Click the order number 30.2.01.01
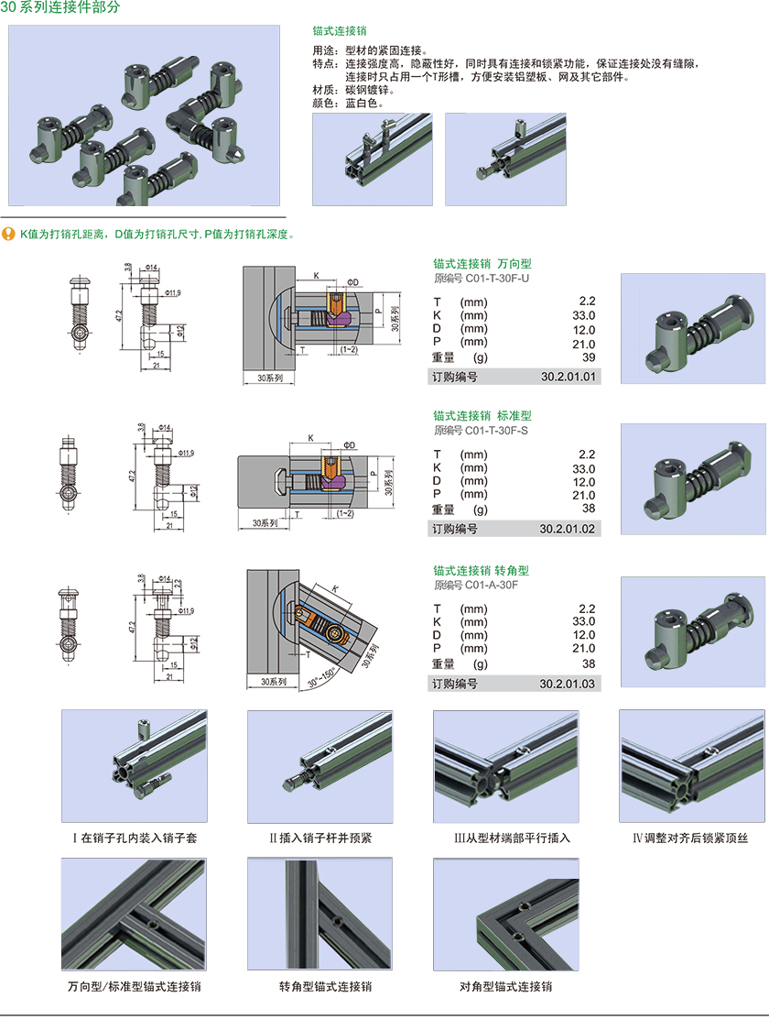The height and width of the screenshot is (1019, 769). point(568,377)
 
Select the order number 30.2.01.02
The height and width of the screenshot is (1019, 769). point(568,529)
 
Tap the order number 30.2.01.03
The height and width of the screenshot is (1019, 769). point(568,684)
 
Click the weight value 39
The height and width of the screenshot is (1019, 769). point(588,357)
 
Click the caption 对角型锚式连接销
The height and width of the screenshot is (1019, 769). point(506,986)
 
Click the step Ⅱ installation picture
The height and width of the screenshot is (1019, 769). point(320,767)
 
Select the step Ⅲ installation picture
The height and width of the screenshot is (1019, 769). point(506,767)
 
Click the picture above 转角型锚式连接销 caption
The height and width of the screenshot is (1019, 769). point(320,915)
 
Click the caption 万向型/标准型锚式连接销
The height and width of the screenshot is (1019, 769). point(135,986)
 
